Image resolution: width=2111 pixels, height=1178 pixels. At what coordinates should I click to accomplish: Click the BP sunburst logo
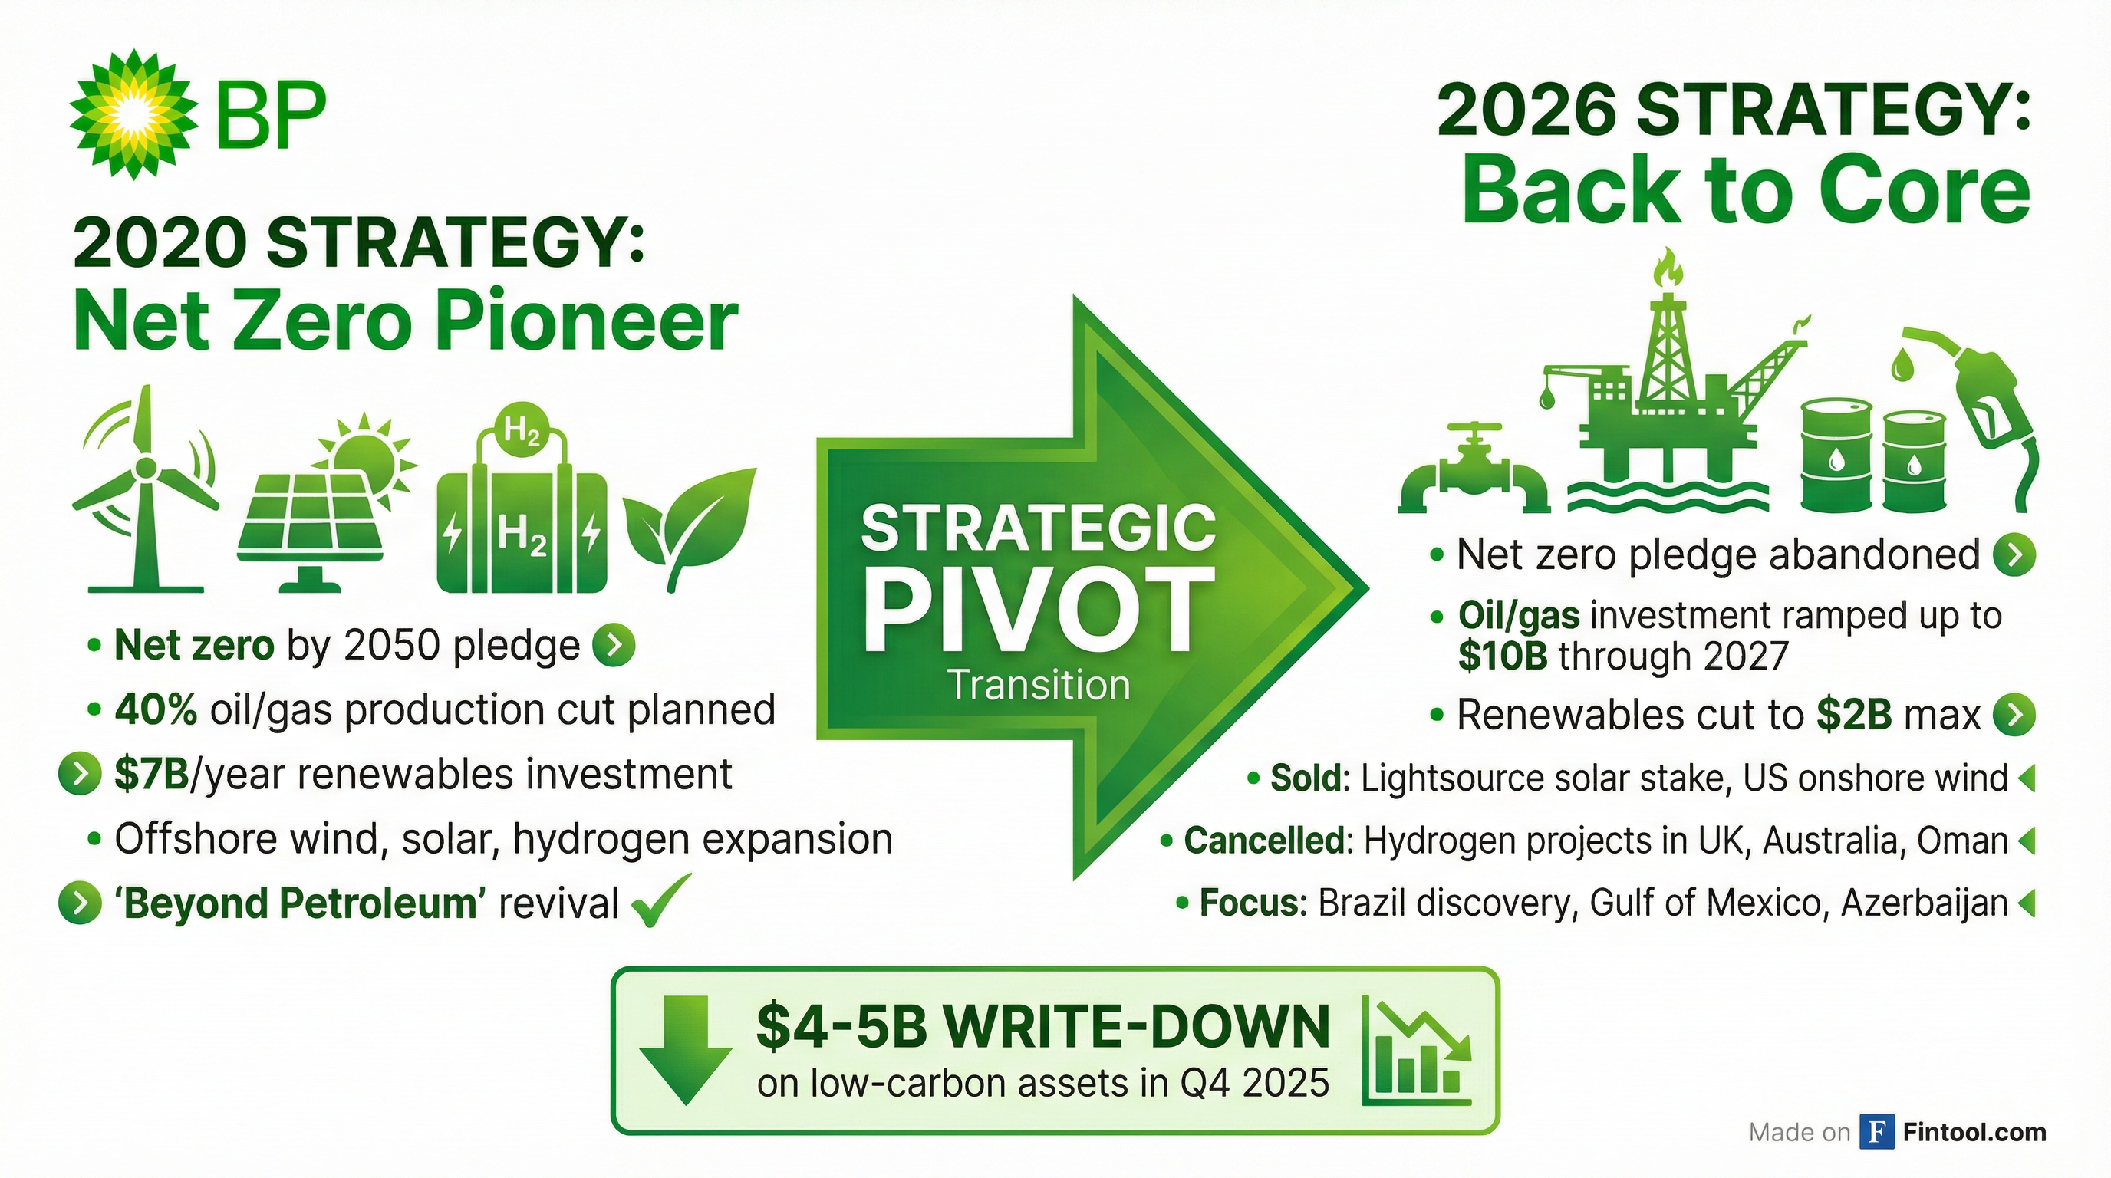(133, 113)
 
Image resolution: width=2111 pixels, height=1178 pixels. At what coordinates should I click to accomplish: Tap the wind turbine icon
(146, 489)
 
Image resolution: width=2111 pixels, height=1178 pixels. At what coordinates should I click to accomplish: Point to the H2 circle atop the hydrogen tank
(522, 429)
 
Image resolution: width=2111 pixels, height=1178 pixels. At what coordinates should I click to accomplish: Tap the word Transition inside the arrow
(1039, 685)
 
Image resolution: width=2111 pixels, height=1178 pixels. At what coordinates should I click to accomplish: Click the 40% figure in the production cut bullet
(156, 709)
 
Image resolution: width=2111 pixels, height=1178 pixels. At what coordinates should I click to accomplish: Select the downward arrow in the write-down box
(685, 1050)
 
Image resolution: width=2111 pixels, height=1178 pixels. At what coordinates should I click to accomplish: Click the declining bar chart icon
(1418, 1050)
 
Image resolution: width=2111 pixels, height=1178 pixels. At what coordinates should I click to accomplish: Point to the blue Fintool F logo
(1876, 1131)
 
